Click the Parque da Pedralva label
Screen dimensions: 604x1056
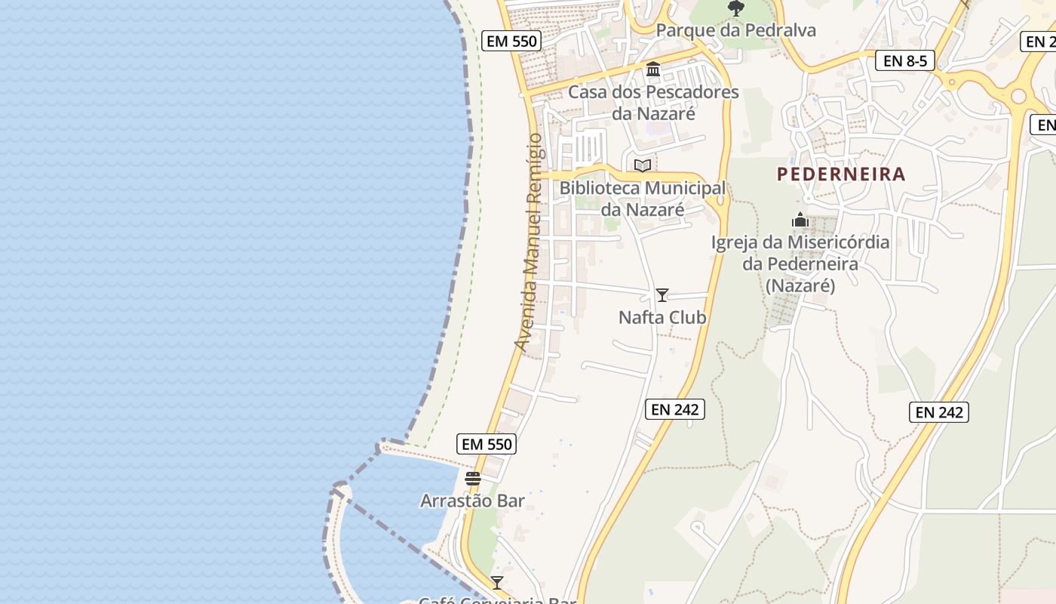735,30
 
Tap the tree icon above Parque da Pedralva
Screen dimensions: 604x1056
735,8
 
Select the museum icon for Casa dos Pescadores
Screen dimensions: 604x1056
653,70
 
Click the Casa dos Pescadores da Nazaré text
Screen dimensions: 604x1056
653,103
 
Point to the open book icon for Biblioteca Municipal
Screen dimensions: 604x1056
642,166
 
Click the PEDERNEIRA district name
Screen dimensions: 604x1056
841,174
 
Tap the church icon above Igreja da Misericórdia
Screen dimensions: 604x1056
800,220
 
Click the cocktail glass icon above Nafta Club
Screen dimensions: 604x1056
662,295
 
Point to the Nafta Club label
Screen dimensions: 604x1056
662,317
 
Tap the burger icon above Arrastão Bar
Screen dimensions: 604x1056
473,479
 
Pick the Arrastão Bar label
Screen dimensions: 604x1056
472,501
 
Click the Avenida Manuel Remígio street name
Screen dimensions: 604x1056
531,242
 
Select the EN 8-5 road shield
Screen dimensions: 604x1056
904,61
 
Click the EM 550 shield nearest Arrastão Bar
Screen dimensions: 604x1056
487,444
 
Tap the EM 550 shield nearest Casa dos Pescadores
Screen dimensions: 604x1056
512,41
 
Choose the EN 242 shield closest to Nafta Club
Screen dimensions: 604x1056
675,409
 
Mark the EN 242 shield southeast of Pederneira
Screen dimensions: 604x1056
939,412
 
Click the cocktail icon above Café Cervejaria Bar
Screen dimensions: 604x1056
497,582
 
